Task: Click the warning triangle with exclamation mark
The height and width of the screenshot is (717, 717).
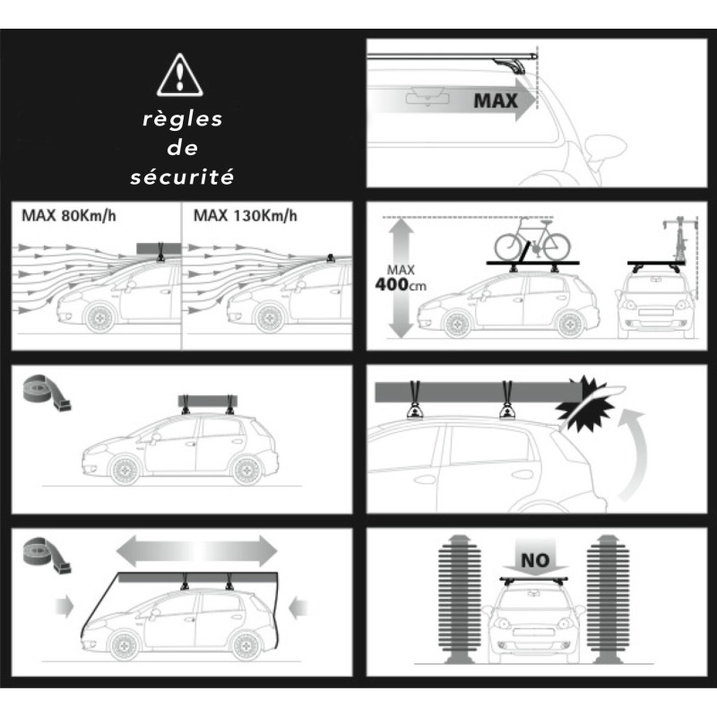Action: [180, 75]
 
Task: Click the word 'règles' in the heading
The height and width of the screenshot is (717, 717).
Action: [183, 119]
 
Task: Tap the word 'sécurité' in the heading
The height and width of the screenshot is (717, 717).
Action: [182, 177]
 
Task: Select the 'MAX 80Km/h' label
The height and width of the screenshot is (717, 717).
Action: [69, 215]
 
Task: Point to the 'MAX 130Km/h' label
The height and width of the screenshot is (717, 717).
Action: [245, 215]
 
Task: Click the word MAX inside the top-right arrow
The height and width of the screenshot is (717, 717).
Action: [496, 100]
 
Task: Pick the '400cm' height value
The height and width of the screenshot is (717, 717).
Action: [401, 285]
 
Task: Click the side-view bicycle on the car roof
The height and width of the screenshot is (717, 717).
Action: [532, 240]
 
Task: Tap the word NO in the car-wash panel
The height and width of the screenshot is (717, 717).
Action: [534, 560]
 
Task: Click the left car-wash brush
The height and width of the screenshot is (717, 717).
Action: [460, 598]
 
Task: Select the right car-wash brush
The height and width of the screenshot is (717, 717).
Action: [608, 598]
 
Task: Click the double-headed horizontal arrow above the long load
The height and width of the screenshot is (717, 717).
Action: [197, 551]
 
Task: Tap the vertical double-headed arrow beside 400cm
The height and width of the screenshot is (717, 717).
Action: [401, 278]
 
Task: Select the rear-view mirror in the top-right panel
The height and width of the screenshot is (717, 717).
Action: [428, 98]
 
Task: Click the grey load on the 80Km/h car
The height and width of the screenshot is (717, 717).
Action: [159, 248]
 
